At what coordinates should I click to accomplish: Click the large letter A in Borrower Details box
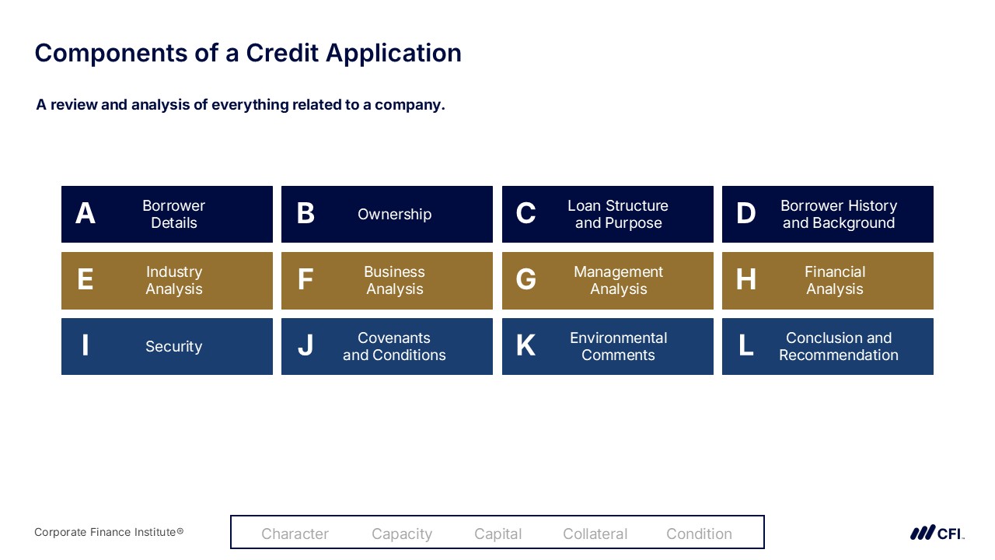click(x=86, y=213)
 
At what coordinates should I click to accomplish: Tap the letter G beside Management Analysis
click(x=526, y=279)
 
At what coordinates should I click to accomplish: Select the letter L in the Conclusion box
click(x=746, y=345)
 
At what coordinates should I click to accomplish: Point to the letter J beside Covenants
click(x=305, y=345)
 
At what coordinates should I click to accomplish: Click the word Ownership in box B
click(x=394, y=214)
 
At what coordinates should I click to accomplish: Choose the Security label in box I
click(x=173, y=346)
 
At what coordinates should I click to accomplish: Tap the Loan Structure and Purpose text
click(x=618, y=214)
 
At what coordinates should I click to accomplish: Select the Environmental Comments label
click(x=618, y=346)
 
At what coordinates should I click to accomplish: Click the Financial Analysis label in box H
click(x=835, y=280)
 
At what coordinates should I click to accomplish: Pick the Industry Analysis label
click(x=173, y=280)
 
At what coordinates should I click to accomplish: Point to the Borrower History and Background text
click(x=839, y=214)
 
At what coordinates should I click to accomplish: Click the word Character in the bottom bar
click(x=295, y=534)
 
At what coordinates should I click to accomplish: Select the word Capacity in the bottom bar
click(x=402, y=534)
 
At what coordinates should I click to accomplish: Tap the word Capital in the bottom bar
click(x=498, y=534)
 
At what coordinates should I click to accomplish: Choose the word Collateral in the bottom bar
click(x=595, y=534)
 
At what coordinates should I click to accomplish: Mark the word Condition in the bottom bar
click(x=699, y=534)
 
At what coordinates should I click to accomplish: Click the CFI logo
click(x=937, y=533)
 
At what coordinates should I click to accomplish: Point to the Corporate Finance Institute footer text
click(x=109, y=532)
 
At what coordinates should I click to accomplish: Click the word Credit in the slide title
click(x=282, y=53)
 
